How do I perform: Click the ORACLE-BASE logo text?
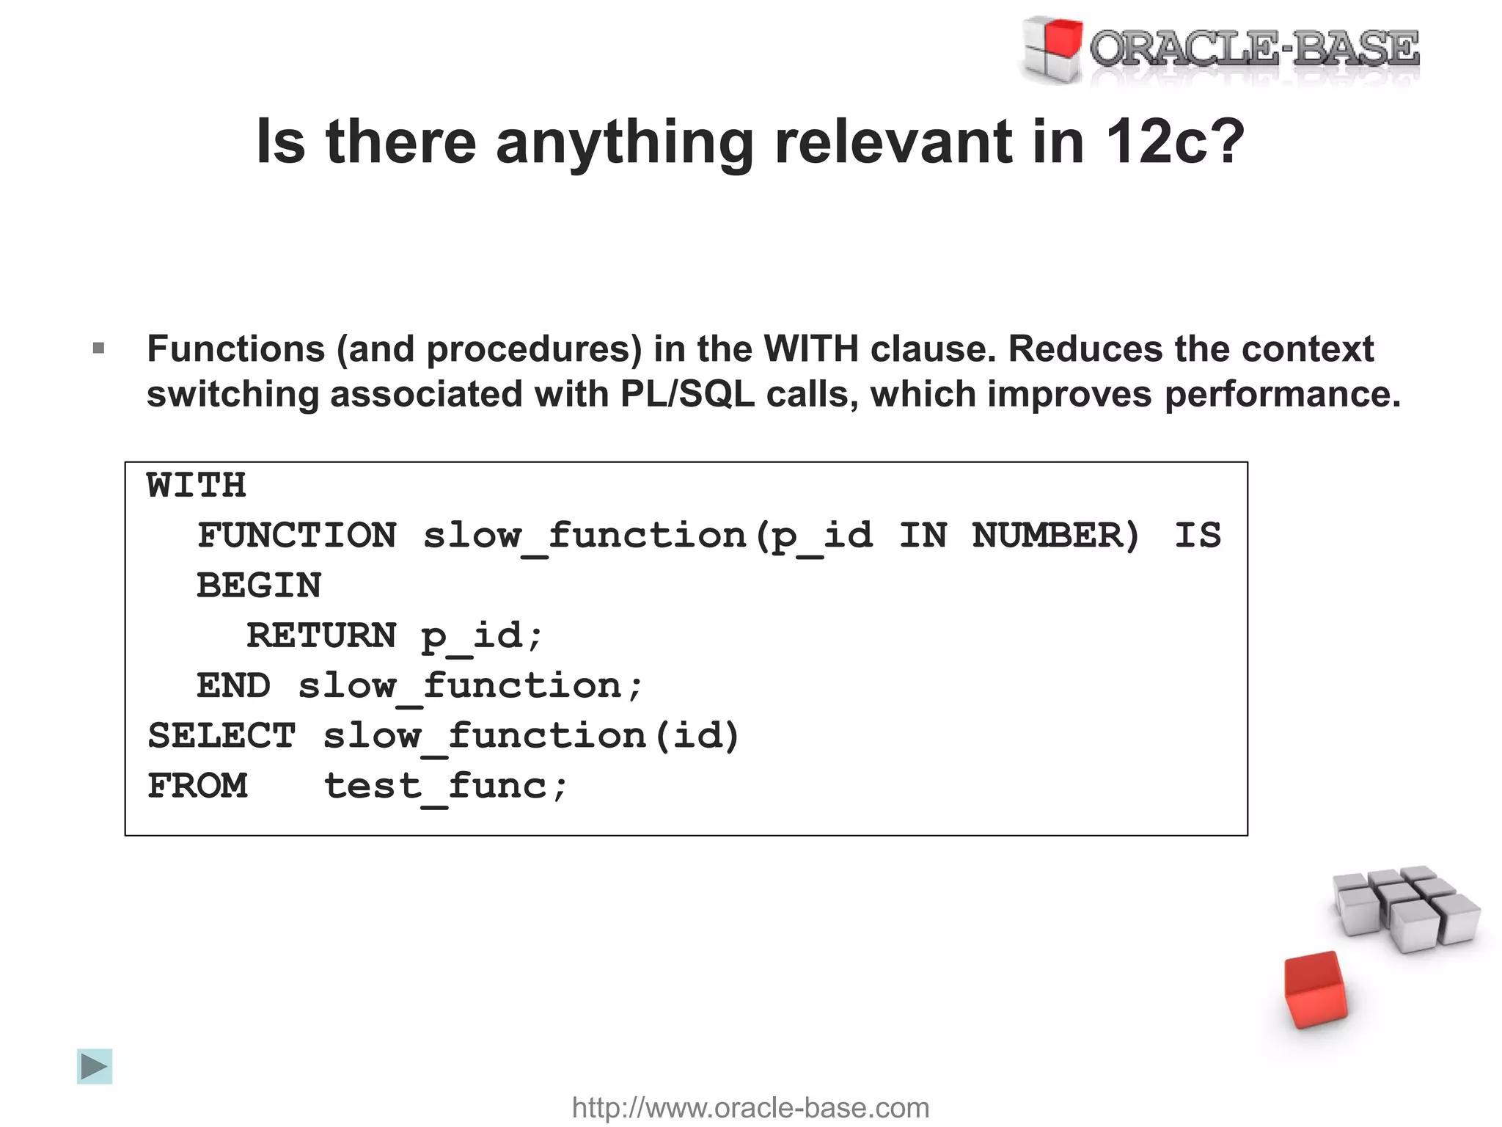click(1254, 50)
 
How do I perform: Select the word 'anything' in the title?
click(625, 143)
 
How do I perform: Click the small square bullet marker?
click(99, 349)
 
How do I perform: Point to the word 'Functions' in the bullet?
click(235, 349)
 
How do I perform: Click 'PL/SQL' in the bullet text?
click(687, 395)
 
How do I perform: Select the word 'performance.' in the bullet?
click(1282, 395)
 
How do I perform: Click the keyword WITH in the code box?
click(197, 486)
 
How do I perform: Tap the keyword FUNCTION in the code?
click(297, 535)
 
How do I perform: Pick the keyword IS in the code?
click(1198, 535)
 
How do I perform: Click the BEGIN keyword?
click(259, 586)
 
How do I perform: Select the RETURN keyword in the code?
click(321, 635)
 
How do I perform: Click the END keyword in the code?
click(233, 686)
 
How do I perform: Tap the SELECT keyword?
click(221, 736)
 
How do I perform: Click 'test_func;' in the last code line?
click(446, 787)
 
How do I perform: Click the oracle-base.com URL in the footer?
click(750, 1107)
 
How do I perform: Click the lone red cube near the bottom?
click(1316, 990)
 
